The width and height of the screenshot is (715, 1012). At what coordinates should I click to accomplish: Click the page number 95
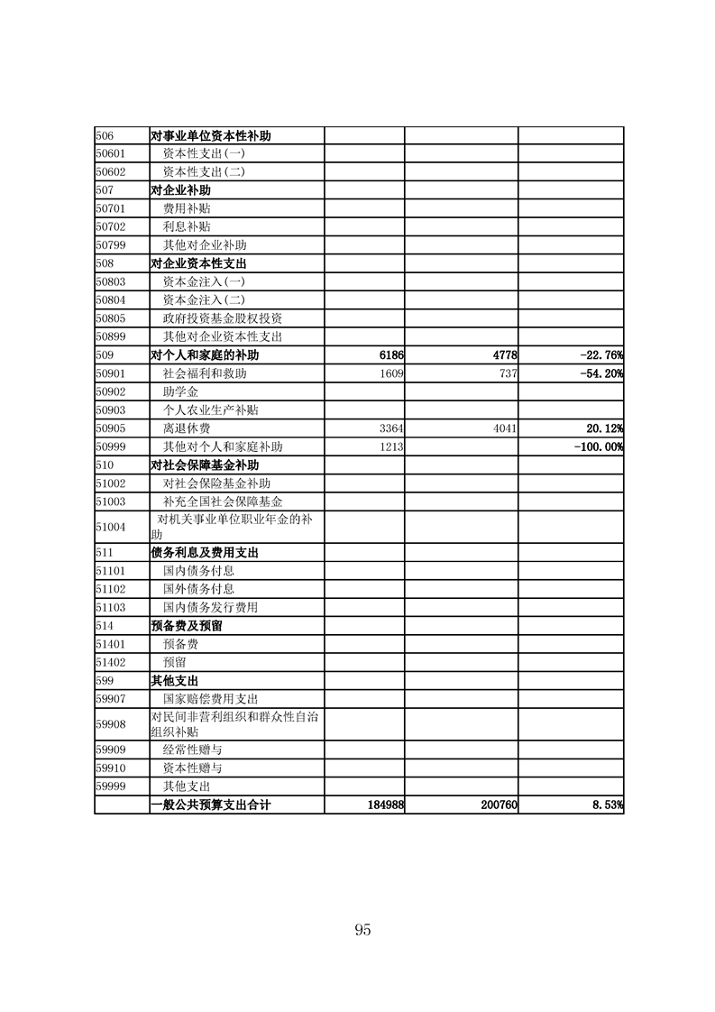(x=363, y=930)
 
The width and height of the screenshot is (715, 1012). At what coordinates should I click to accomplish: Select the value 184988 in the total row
(x=382, y=805)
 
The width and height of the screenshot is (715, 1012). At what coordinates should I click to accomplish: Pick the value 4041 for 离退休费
(x=503, y=428)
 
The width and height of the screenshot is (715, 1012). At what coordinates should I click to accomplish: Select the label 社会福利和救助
(x=204, y=373)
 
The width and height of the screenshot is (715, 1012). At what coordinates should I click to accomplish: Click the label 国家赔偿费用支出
(x=210, y=698)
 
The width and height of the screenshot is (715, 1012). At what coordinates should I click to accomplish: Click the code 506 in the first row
(x=104, y=136)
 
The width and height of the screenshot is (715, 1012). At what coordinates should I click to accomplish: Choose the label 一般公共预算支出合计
(x=210, y=805)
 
